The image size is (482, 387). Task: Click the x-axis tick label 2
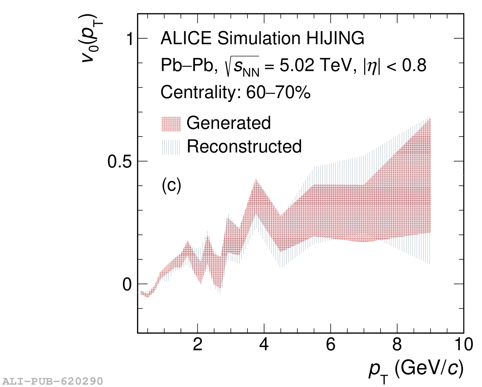pos(198,345)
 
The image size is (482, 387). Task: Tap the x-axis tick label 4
pos(264,345)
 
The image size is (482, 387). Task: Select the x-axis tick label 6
pos(331,345)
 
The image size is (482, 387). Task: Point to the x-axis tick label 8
pos(397,345)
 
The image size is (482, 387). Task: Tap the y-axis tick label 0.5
pos(120,162)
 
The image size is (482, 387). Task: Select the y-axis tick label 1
pos(129,39)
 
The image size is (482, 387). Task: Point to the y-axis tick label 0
pos(127,285)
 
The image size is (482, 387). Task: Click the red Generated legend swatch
pos(171,124)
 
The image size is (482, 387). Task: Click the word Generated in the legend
pos(229,123)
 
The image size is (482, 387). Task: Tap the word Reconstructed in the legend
pos(244,147)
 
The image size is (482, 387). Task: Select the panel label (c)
pos(171,186)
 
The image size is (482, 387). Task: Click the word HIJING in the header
pos(336,39)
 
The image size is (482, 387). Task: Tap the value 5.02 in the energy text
pos(297,65)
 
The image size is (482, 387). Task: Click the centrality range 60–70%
pos(279,93)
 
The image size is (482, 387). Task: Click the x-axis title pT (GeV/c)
pos(416,369)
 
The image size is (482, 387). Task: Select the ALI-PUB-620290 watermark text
pos(53,381)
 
